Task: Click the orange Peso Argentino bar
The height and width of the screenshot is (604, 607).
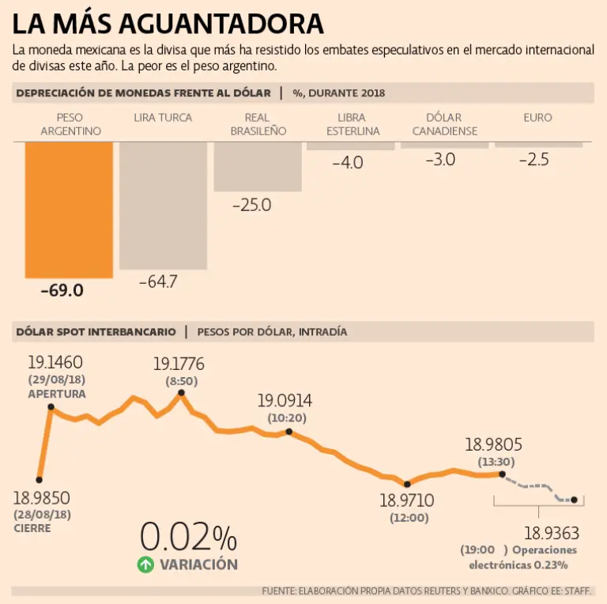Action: coord(69,210)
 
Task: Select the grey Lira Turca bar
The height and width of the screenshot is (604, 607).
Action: coord(163,206)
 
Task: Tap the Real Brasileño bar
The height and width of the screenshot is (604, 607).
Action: coord(258,167)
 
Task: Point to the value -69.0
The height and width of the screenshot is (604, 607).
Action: coord(62,290)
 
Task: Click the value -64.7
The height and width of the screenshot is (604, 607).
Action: coord(158,281)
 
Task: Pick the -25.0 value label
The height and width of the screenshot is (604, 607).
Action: coord(251,205)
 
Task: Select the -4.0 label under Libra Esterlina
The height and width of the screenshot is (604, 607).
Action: coord(347,163)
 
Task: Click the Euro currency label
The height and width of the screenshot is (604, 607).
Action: coord(537,118)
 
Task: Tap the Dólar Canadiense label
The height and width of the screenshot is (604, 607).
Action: coord(445,124)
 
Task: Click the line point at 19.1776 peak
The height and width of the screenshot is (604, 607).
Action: coord(181,393)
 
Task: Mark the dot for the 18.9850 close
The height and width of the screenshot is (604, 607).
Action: coord(40,479)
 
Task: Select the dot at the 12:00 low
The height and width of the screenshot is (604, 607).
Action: coord(406,484)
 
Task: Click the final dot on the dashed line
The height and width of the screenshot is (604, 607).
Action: coord(575,500)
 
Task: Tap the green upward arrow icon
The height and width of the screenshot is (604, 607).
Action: coord(145,564)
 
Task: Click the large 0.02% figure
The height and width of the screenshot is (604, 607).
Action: coord(188,538)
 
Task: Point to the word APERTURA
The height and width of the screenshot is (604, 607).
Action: coord(57,393)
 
